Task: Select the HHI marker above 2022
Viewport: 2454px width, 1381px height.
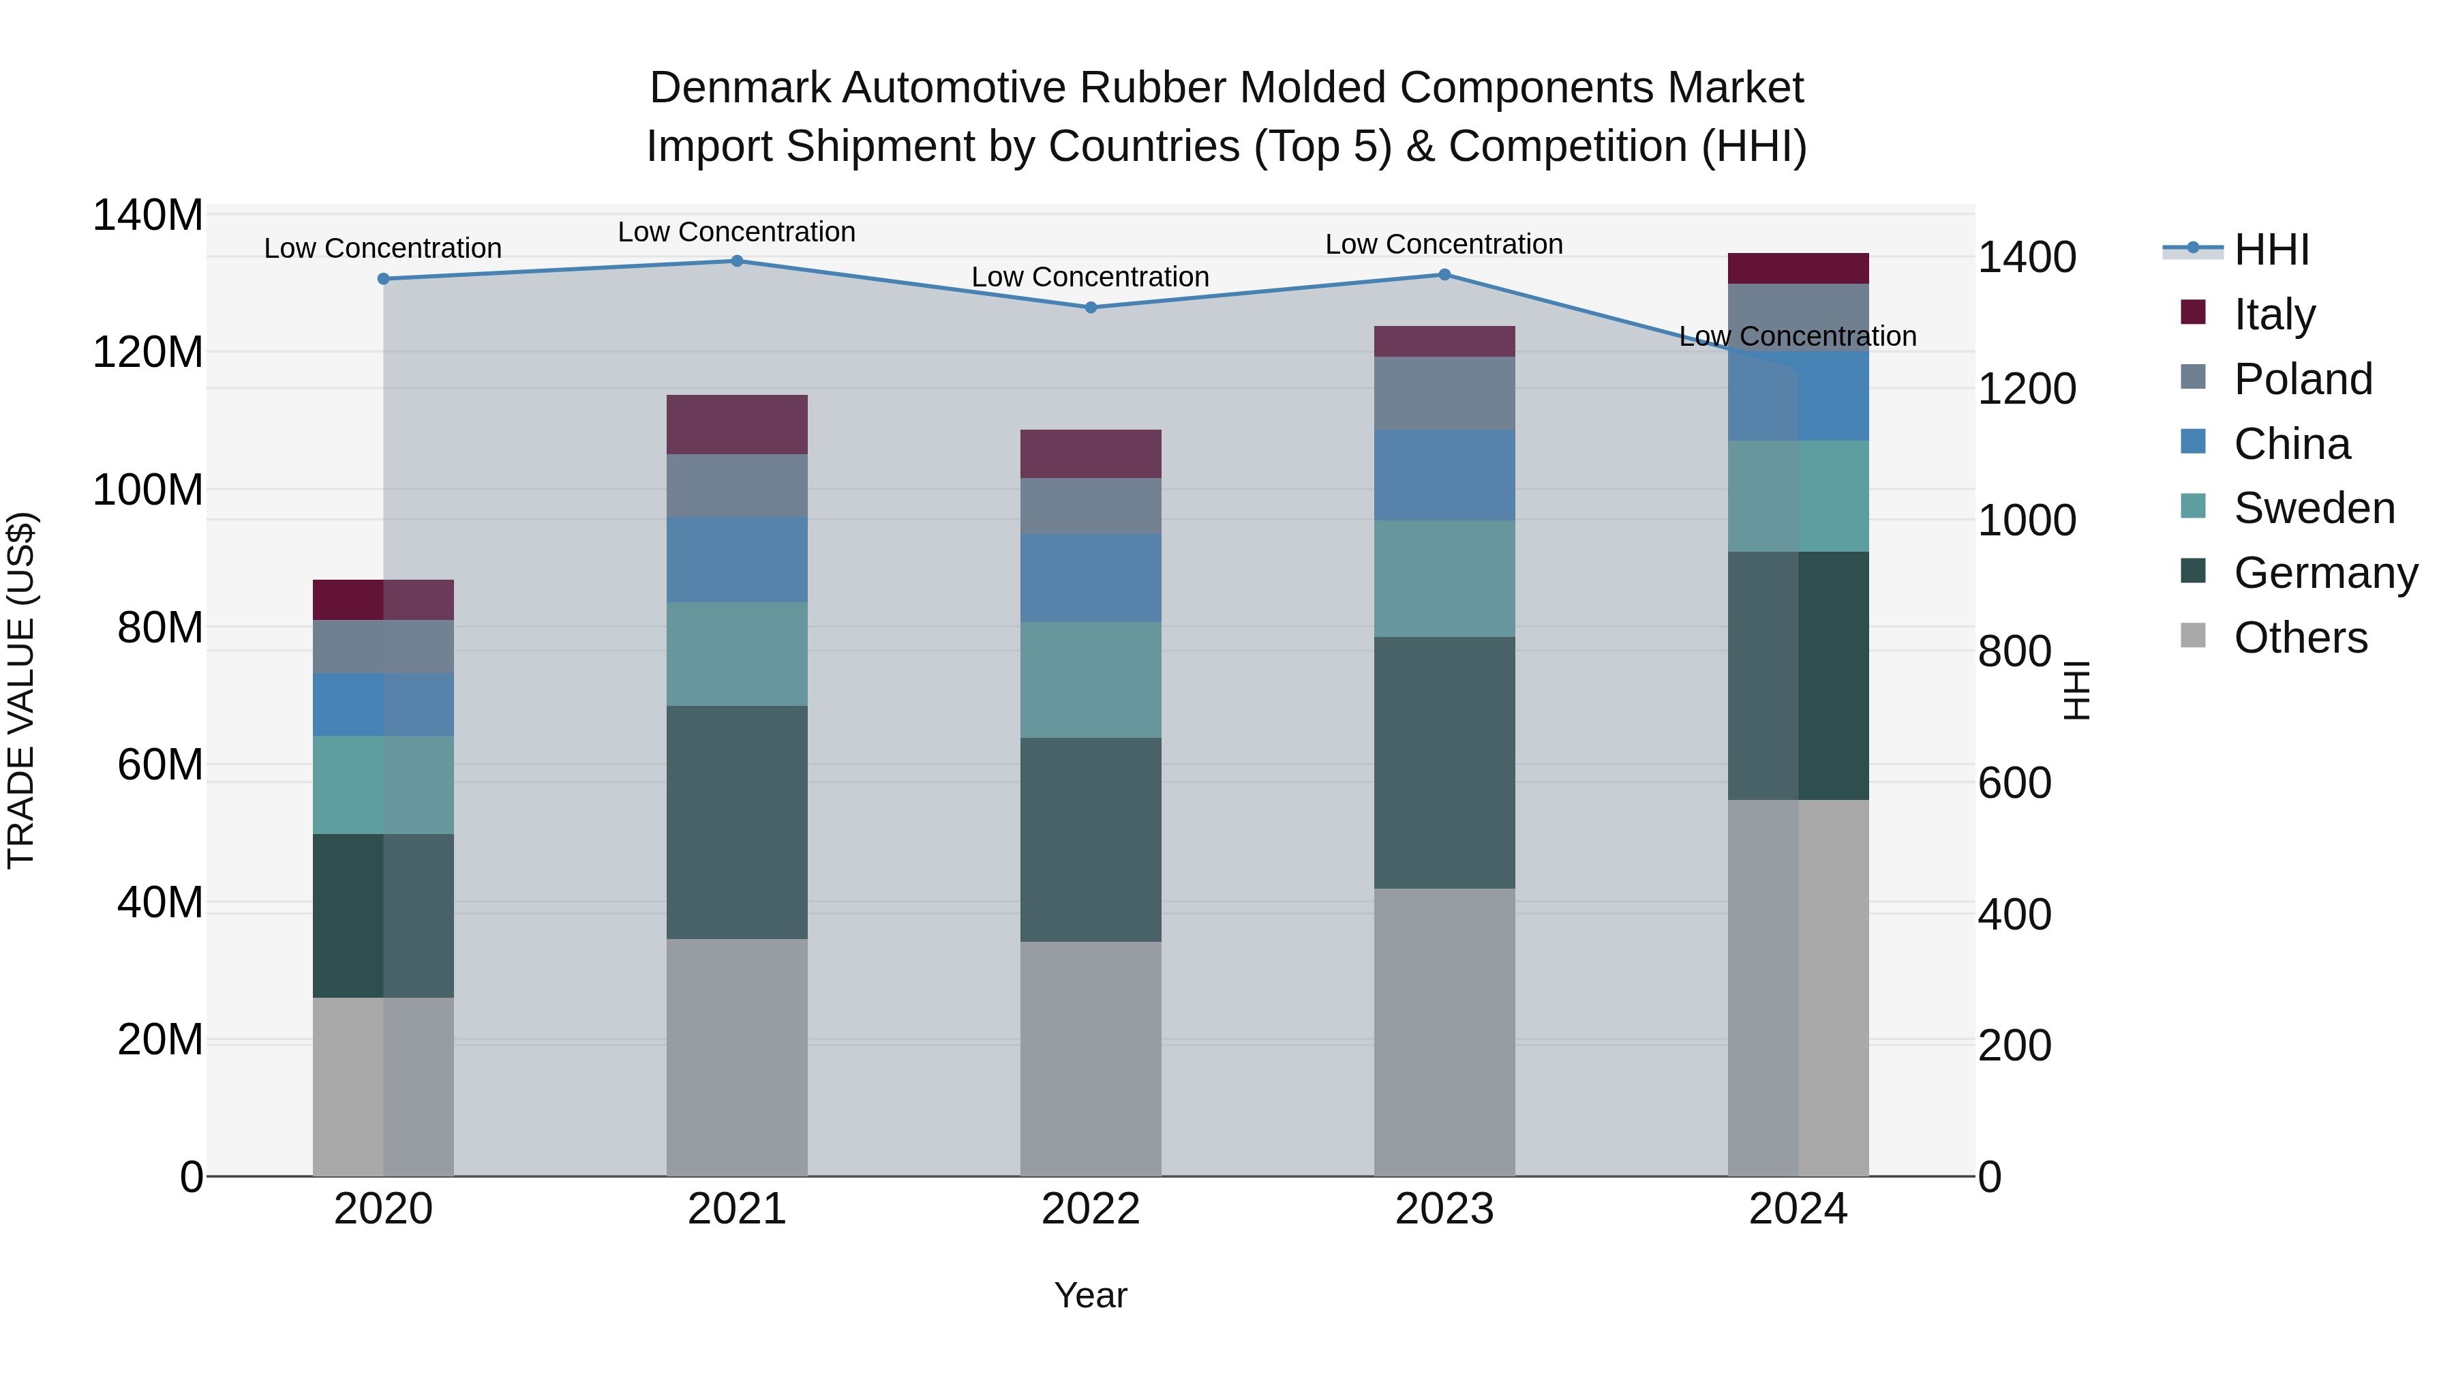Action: pyautogui.click(x=1091, y=308)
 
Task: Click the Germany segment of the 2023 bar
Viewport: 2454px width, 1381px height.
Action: pyautogui.click(x=1444, y=762)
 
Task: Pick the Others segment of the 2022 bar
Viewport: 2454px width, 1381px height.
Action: pyautogui.click(x=1091, y=1058)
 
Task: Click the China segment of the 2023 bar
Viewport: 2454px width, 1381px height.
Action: pyautogui.click(x=1444, y=475)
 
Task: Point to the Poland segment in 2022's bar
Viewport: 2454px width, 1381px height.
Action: pyautogui.click(x=1091, y=506)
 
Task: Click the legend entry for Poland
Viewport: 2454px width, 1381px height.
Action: pyautogui.click(x=2303, y=379)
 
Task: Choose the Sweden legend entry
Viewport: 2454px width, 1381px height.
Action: pyautogui.click(x=2314, y=508)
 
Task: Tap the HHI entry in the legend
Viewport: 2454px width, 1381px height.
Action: pyautogui.click(x=2271, y=250)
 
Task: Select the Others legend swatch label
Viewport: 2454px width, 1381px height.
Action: pyautogui.click(x=2300, y=638)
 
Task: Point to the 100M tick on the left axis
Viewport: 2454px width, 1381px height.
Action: pyautogui.click(x=148, y=490)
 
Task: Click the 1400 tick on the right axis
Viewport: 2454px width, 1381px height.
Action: pyautogui.click(x=2027, y=257)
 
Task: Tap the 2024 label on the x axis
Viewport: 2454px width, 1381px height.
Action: pyautogui.click(x=1798, y=1209)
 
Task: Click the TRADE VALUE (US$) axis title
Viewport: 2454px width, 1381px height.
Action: pyautogui.click(x=21, y=690)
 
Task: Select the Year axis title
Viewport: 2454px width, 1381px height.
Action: pyautogui.click(x=1090, y=1295)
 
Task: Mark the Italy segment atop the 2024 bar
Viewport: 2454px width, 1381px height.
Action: pyautogui.click(x=1798, y=269)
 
